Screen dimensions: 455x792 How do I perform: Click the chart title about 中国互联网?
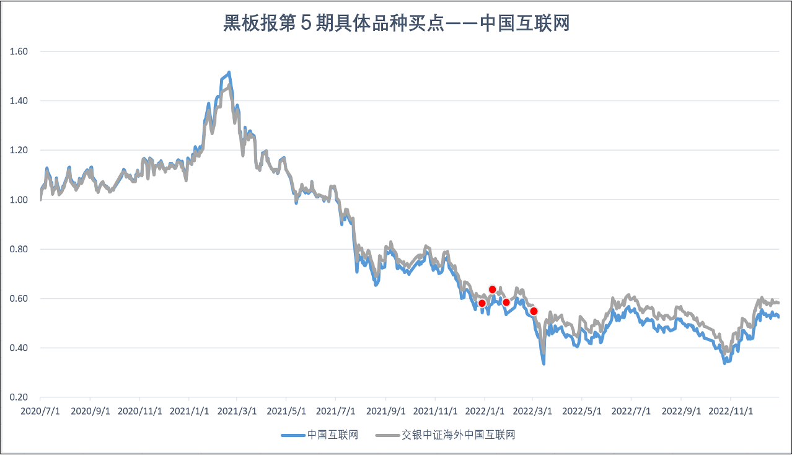pyautogui.click(x=396, y=24)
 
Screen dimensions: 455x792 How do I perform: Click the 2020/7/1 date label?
pyautogui.click(x=40, y=410)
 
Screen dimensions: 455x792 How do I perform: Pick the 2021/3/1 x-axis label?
pyautogui.click(x=236, y=410)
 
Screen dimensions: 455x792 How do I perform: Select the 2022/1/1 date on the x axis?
pyautogui.click(x=483, y=410)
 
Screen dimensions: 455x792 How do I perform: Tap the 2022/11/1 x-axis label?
pyautogui.click(x=730, y=410)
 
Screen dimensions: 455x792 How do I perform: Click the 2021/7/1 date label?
pyautogui.click(x=335, y=410)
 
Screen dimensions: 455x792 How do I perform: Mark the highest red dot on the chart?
pyautogui.click(x=493, y=289)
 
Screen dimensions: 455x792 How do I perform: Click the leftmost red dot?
pyautogui.click(x=482, y=303)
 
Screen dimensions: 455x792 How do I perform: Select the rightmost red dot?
pyautogui.click(x=534, y=311)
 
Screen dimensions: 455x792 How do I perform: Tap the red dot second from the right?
pyautogui.click(x=506, y=303)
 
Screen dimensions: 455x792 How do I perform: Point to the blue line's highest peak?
pyautogui.click(x=229, y=73)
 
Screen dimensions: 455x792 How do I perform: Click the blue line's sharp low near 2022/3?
pyautogui.click(x=544, y=363)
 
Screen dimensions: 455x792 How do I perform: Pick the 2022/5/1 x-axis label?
pyautogui.click(x=582, y=410)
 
